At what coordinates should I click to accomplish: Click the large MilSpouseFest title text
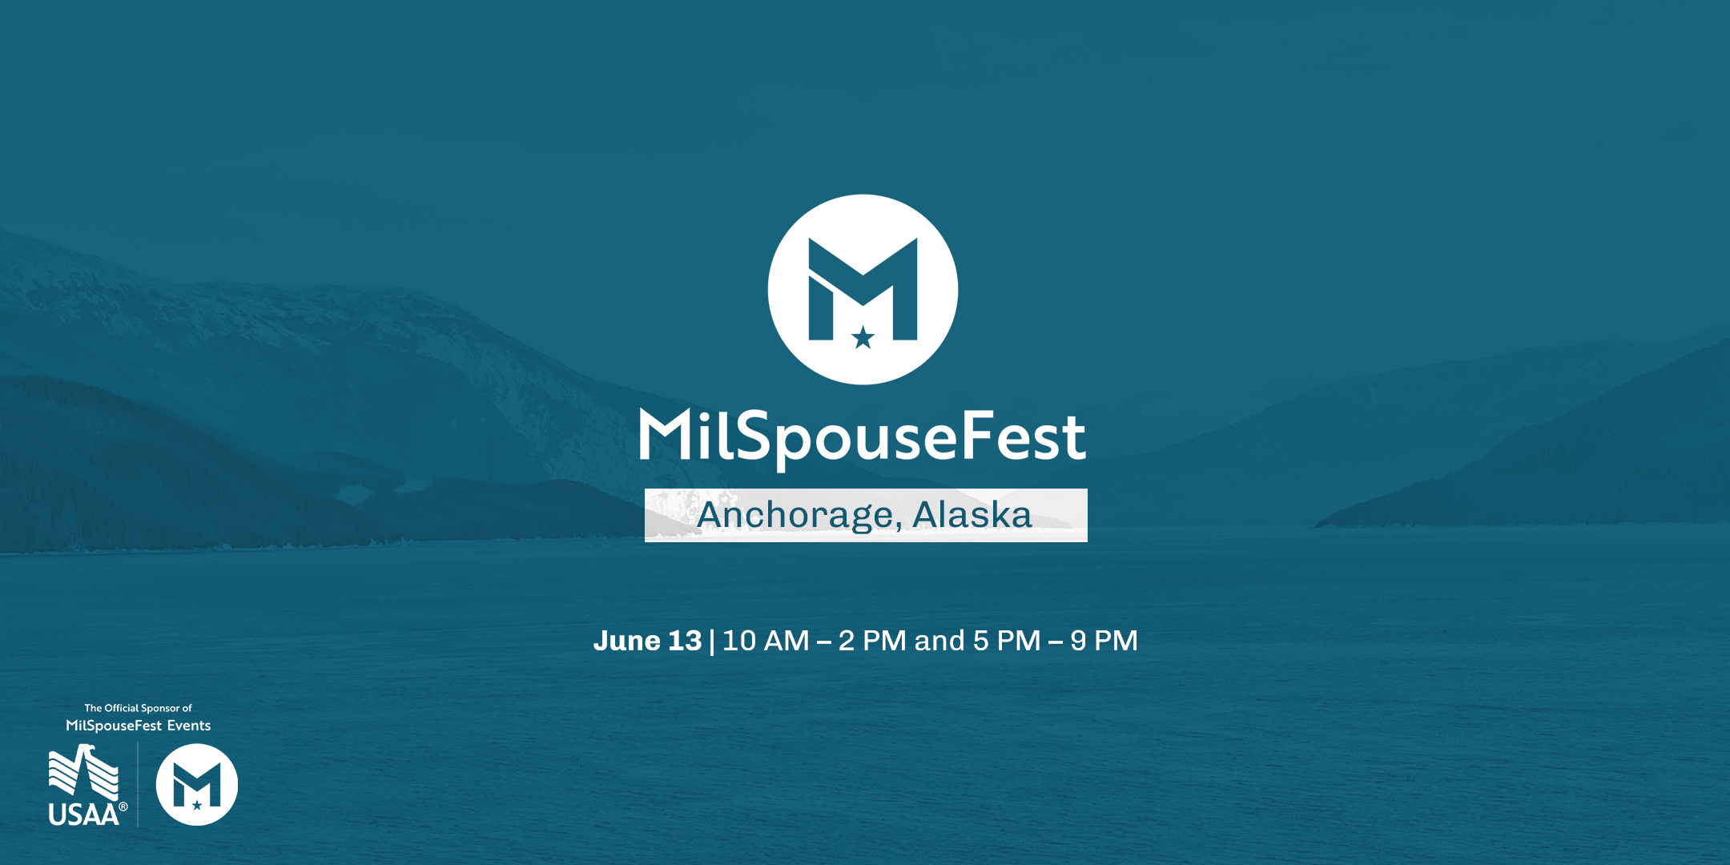tap(862, 437)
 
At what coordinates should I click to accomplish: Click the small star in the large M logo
tap(863, 338)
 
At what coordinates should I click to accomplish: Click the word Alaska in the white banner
tap(972, 515)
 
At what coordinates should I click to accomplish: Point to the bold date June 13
tap(647, 641)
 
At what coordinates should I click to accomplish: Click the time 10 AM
tap(766, 641)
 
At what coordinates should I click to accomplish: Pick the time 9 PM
tap(1104, 641)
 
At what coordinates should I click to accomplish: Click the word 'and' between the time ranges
tap(939, 641)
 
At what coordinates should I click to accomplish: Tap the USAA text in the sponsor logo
tap(82, 815)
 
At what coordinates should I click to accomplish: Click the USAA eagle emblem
tap(83, 772)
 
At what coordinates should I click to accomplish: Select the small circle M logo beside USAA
tap(197, 784)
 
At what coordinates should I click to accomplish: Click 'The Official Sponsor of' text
tap(139, 708)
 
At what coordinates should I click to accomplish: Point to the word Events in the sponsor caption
tap(189, 726)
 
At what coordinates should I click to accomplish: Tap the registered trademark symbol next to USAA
tap(123, 807)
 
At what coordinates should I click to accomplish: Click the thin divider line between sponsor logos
tap(138, 784)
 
